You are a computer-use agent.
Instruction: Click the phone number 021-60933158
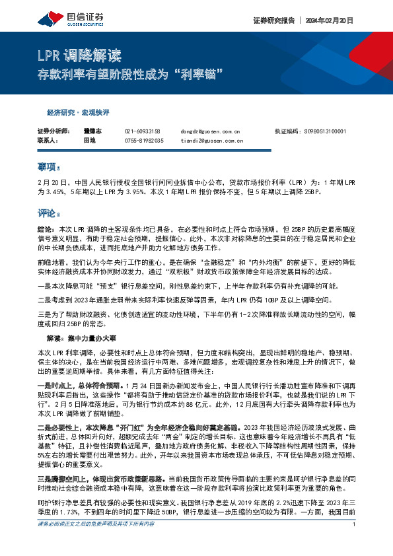(143, 132)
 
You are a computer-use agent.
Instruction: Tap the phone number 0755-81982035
(144, 140)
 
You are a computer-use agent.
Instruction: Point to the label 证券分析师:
(53, 132)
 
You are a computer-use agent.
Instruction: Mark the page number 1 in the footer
(355, 543)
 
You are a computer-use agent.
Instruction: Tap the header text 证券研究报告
(273, 19)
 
